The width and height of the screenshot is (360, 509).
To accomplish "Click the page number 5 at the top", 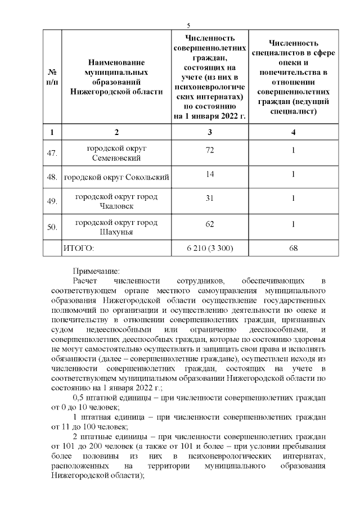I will click(189, 25).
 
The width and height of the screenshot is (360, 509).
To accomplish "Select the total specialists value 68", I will click(293, 247).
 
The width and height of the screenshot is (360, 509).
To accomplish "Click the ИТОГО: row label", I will click(79, 247).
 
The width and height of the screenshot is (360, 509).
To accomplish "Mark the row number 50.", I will click(52, 227).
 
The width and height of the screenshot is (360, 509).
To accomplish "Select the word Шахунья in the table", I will click(116, 232).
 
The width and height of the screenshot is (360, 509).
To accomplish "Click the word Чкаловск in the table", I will click(116, 206).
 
